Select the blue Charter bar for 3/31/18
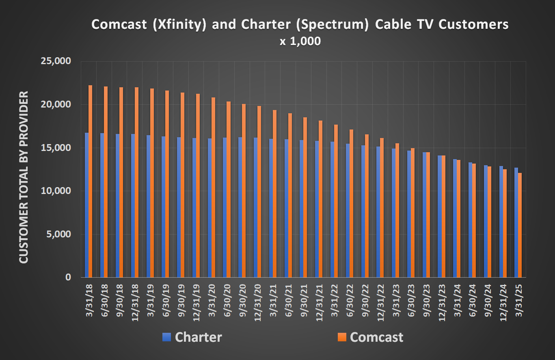(x=86, y=205)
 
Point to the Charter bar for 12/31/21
(x=317, y=209)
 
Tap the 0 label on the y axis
(x=68, y=278)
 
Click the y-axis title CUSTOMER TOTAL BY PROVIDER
(x=24, y=177)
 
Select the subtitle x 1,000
(x=300, y=42)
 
